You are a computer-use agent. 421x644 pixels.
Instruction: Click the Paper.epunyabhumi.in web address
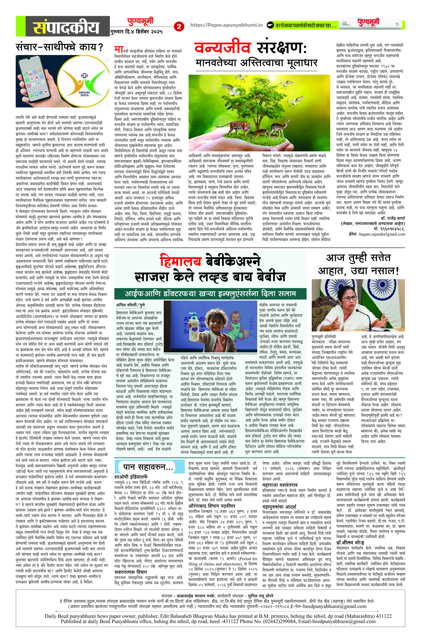(x=226, y=25)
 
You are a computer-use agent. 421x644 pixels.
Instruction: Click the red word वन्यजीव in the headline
(x=222, y=48)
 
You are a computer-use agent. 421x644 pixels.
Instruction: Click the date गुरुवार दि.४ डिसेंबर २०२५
(x=136, y=32)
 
